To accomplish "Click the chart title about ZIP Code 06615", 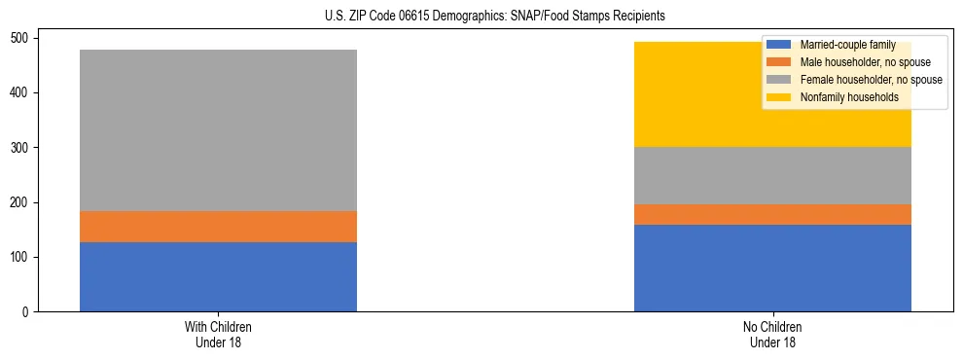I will pos(482,17).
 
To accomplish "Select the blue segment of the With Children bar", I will pos(218,276).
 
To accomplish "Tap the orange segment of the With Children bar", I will pos(218,227).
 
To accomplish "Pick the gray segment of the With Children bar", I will pos(218,130).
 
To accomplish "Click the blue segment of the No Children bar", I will pos(772,268).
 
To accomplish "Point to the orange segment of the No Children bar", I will pos(772,214).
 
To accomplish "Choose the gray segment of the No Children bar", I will pos(772,175).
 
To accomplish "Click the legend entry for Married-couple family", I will pos(847,45).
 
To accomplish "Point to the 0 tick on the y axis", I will pos(26,312).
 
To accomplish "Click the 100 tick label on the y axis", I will pos(20,258).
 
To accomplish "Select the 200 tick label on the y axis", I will pos(20,202).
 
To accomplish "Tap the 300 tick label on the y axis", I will pos(20,148).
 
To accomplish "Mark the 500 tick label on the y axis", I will pos(20,38).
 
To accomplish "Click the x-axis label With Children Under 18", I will pos(218,334).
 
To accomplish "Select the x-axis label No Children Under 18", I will pos(772,334).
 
